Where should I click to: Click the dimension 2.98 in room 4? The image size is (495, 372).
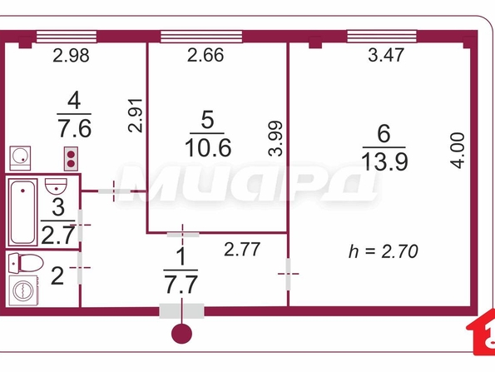coord(71,56)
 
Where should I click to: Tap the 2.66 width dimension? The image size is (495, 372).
coord(205,55)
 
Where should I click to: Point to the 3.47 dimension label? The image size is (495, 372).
coord(386,55)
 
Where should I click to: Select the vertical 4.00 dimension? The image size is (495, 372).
coord(458,151)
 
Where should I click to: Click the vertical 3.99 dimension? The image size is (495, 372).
coord(275,138)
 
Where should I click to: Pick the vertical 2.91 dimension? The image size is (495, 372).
coord(136,116)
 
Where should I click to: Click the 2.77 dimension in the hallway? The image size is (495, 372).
coord(242,249)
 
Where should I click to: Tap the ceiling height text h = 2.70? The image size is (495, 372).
coord(384,251)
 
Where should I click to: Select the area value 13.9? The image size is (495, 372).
coord(384,161)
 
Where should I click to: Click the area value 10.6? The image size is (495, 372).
coord(208,148)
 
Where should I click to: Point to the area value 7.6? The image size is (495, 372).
coord(75,128)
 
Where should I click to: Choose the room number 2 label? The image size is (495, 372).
coord(57,275)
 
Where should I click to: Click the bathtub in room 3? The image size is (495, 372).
coord(23,211)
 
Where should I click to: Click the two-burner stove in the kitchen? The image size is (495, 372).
coord(71,159)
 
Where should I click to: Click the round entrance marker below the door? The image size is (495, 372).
coord(181,334)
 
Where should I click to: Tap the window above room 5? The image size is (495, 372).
coord(201,37)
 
